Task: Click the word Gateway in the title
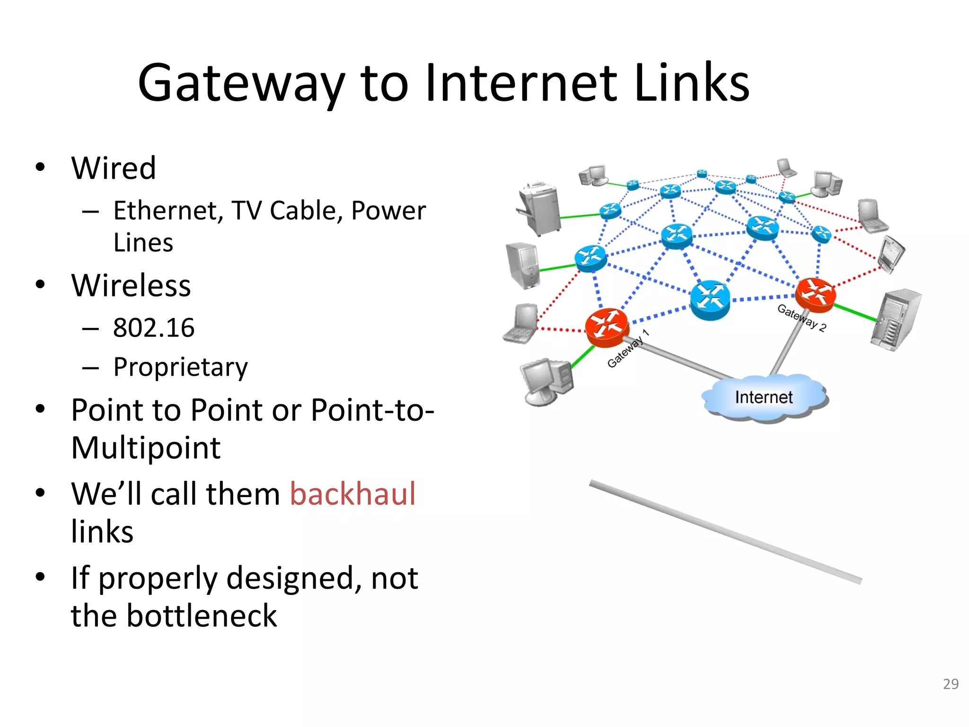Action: (241, 84)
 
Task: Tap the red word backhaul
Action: (352, 494)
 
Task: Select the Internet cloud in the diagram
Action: (764, 398)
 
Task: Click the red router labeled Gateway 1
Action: (607, 326)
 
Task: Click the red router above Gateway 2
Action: (815, 294)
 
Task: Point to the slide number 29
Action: (950, 684)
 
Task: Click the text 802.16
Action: (154, 328)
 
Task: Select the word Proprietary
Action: (180, 367)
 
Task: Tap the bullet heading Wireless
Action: (131, 286)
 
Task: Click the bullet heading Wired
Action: (114, 168)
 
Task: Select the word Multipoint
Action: (146, 448)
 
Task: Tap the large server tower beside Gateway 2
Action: (896, 319)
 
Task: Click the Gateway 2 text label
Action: (802, 318)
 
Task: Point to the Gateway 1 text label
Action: (628, 348)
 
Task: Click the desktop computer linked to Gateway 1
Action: (546, 381)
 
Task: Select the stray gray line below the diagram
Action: (725, 532)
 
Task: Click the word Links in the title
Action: (691, 84)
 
